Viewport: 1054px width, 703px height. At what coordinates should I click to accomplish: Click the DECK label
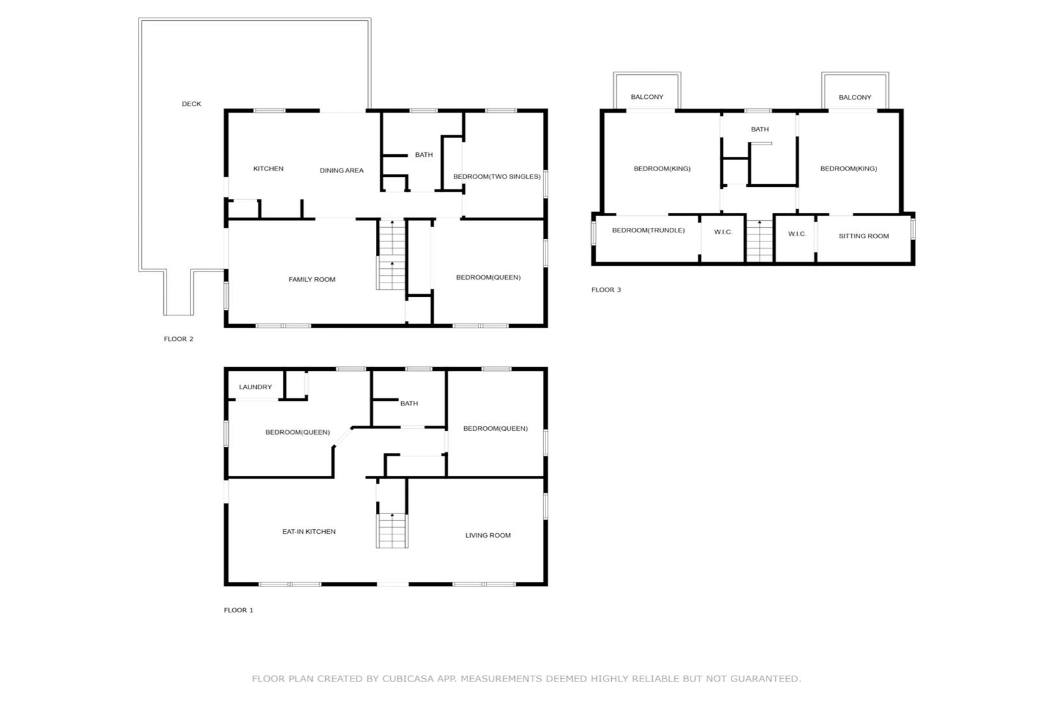[192, 103]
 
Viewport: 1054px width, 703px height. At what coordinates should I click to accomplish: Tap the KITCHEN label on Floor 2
[268, 169]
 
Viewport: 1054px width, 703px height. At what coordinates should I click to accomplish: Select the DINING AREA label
[341, 171]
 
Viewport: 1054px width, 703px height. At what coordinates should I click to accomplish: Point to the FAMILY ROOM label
[312, 279]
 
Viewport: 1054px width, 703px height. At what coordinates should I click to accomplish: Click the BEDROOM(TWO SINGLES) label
[497, 176]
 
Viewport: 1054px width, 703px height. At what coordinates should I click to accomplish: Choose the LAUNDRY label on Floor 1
[256, 387]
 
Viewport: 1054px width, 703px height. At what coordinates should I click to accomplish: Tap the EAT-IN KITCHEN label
[309, 532]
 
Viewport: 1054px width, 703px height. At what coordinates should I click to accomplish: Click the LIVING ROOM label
[488, 535]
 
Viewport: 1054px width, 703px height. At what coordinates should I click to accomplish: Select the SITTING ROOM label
[864, 236]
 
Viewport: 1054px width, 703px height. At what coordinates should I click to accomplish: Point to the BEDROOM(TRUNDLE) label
[648, 230]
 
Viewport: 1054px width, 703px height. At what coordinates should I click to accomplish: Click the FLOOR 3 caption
[606, 290]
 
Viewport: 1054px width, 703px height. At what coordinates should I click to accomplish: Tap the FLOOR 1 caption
[239, 610]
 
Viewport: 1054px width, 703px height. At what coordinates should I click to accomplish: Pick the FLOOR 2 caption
[178, 338]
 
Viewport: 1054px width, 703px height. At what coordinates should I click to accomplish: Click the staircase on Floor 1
[392, 531]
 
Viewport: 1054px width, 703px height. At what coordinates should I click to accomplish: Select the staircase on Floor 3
[759, 241]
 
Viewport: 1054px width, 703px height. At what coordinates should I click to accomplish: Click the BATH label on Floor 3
[760, 129]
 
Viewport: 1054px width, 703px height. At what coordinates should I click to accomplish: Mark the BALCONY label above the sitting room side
[855, 98]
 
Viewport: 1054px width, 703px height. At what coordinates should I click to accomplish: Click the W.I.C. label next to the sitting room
[797, 234]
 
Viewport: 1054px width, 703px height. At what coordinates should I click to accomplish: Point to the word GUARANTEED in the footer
[765, 679]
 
